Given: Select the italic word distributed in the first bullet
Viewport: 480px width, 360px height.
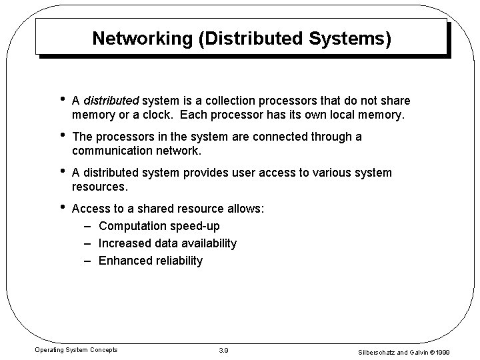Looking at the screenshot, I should pos(111,101).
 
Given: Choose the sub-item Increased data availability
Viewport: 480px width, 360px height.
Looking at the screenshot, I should pos(167,243).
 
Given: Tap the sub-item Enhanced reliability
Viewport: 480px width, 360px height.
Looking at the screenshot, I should pos(150,261).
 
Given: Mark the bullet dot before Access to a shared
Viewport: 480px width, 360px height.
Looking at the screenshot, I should pos(62,207).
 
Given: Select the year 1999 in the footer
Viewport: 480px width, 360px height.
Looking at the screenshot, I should pos(459,351).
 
